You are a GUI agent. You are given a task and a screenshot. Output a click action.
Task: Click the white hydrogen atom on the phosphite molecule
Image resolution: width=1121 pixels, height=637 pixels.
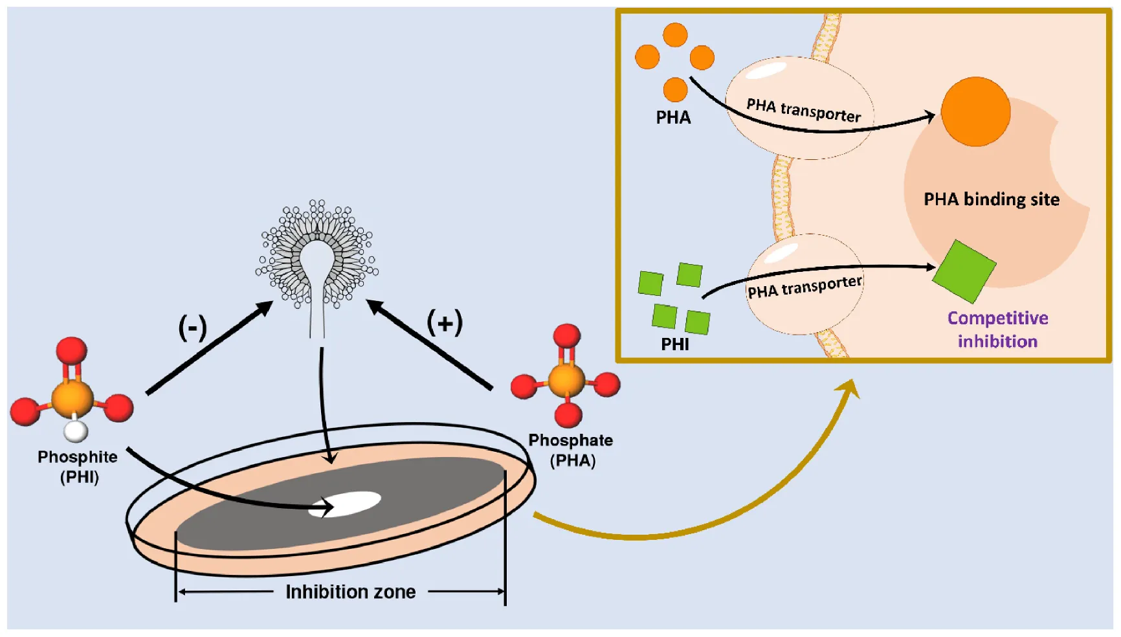(x=76, y=430)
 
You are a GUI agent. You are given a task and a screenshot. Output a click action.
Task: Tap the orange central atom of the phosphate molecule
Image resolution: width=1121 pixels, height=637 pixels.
(x=566, y=381)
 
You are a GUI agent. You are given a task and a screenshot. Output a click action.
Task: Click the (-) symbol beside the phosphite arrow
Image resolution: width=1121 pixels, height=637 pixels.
(x=192, y=328)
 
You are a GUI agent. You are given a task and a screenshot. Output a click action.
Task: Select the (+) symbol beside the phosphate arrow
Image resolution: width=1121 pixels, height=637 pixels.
(x=445, y=322)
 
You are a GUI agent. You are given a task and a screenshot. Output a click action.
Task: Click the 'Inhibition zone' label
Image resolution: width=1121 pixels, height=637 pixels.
(x=350, y=592)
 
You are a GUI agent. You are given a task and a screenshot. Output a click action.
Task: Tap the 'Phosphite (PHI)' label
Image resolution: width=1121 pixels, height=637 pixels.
(x=78, y=467)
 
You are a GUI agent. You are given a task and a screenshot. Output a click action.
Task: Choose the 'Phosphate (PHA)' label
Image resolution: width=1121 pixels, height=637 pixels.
(x=571, y=450)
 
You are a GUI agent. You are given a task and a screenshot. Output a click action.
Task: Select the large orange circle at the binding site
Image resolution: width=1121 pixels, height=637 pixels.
(x=975, y=111)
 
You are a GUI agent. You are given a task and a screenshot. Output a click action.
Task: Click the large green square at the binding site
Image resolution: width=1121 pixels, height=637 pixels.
(x=964, y=271)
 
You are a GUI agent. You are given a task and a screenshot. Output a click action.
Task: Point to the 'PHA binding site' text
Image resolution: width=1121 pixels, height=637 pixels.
(x=991, y=199)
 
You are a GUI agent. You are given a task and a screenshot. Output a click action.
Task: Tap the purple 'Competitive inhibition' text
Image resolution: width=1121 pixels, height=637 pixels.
(x=997, y=330)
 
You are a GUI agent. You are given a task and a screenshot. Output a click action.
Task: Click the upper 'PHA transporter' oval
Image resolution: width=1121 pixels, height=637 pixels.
(x=800, y=107)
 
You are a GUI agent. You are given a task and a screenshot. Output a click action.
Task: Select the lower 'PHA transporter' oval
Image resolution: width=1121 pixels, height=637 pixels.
(x=805, y=285)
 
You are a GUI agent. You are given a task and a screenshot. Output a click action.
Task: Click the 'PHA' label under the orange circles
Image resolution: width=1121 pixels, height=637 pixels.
(x=673, y=117)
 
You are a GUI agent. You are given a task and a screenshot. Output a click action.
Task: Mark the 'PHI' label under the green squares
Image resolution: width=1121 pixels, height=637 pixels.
(x=674, y=344)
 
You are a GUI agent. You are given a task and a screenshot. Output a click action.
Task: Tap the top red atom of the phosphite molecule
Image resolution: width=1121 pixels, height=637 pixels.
(x=71, y=350)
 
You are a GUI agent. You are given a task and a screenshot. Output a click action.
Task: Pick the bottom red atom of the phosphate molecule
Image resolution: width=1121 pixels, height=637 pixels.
(x=568, y=414)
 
